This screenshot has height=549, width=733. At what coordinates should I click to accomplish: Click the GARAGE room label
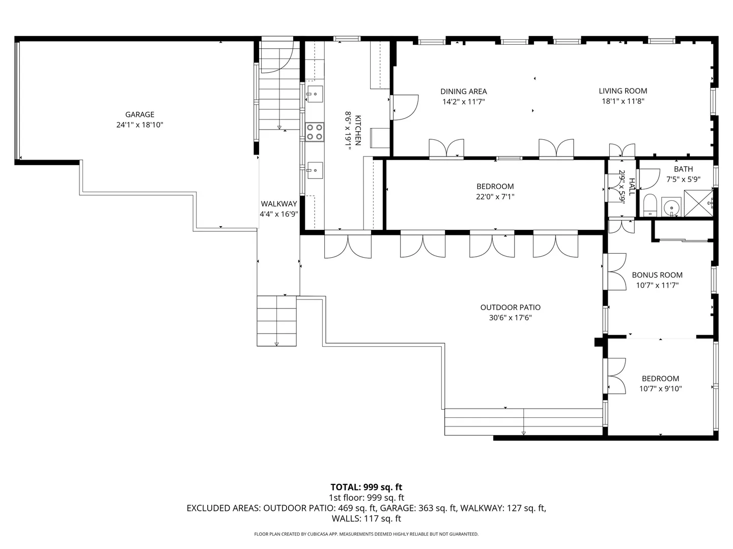pos(139,114)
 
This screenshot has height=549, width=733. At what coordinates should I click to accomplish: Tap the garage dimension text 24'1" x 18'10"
pos(139,125)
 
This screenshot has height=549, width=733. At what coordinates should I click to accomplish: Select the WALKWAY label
pos(279,204)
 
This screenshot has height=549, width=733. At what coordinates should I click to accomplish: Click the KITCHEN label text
pos(358,130)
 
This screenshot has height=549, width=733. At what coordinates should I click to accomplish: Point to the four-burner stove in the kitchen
pos(315,132)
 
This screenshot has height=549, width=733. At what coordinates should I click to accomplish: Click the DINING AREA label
pos(464,91)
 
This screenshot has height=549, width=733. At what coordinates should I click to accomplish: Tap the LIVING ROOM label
pos(623,90)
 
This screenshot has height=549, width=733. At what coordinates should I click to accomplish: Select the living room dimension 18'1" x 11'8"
pos(623,101)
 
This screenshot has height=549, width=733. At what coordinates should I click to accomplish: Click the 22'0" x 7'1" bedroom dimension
pos(495,197)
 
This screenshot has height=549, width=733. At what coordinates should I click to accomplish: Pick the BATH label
pos(683,169)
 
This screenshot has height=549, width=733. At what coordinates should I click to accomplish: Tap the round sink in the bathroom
pos(670,208)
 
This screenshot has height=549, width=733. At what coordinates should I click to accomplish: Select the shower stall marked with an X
pos(698,203)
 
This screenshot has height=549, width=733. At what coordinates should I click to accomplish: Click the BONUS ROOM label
pos(657,275)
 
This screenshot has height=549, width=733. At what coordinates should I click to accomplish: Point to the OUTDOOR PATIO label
pos(510,308)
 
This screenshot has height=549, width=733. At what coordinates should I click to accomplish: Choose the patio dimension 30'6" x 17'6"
pos(510,318)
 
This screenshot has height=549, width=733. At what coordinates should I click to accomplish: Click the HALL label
pos(632,187)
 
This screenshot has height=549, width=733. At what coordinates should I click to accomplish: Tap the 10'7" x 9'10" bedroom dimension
pos(660,389)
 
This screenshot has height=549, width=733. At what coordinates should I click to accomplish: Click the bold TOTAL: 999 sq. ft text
pos(366,487)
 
